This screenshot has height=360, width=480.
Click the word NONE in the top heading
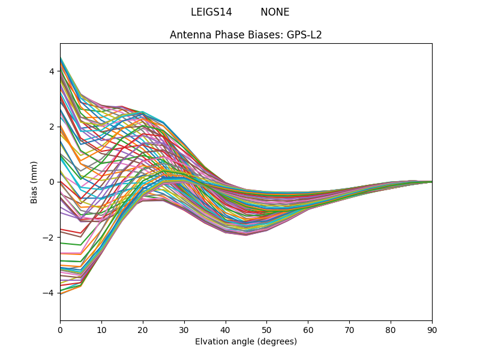point(275,12)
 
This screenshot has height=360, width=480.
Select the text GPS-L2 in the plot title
point(304,35)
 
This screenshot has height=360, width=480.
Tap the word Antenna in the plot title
point(188,35)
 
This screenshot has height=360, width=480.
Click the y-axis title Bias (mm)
point(34,182)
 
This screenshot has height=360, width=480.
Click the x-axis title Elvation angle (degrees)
point(246,342)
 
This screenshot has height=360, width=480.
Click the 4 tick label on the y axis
point(52,71)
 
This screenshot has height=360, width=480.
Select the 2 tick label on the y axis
point(52,127)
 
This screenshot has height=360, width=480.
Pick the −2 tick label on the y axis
point(49,238)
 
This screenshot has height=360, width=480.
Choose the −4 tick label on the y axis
point(49,293)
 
